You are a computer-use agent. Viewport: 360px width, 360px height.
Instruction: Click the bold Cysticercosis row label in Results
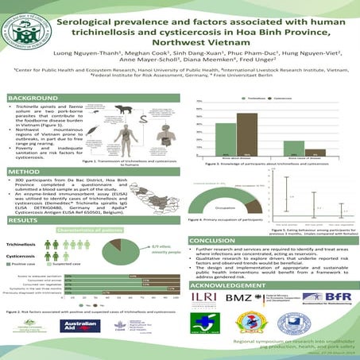click(24, 256)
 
